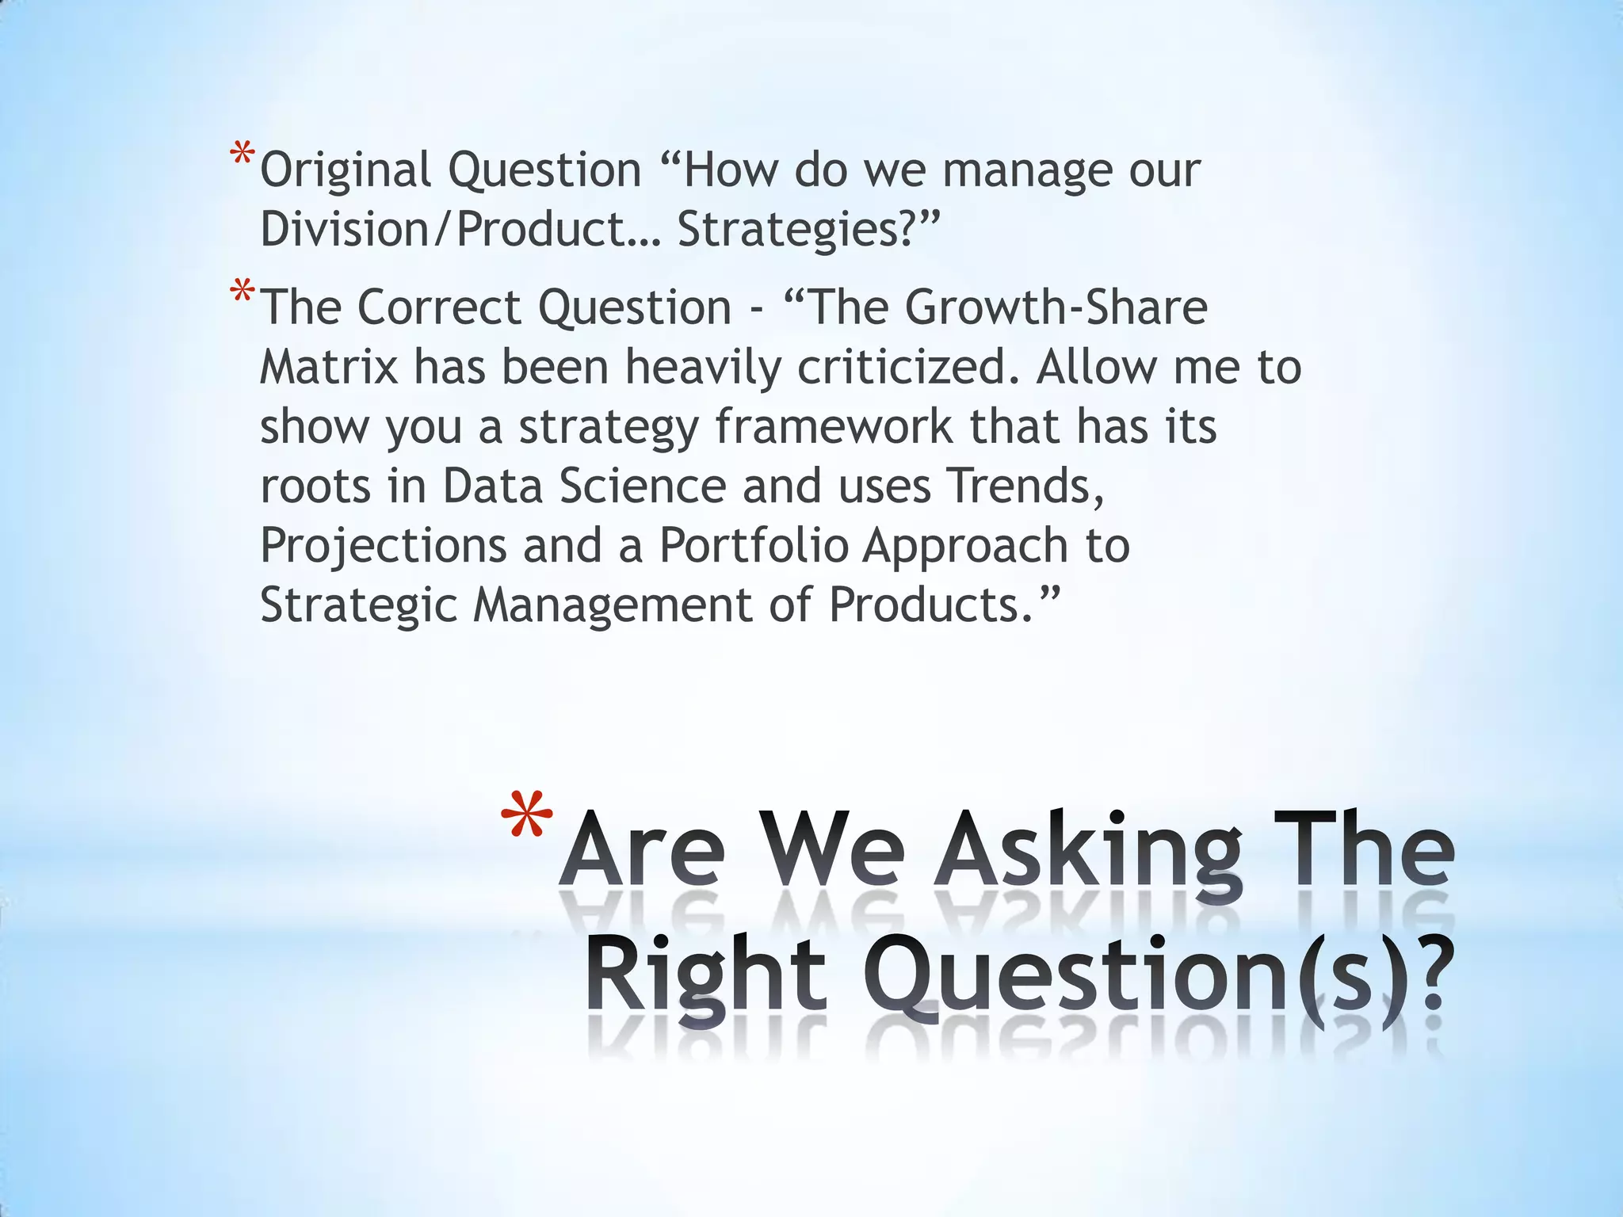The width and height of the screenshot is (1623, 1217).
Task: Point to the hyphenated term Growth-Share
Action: tap(1056, 307)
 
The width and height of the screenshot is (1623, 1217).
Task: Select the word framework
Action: tap(833, 427)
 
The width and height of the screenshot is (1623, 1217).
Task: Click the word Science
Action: tap(643, 486)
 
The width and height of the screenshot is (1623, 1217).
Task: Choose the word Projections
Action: tap(384, 546)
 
